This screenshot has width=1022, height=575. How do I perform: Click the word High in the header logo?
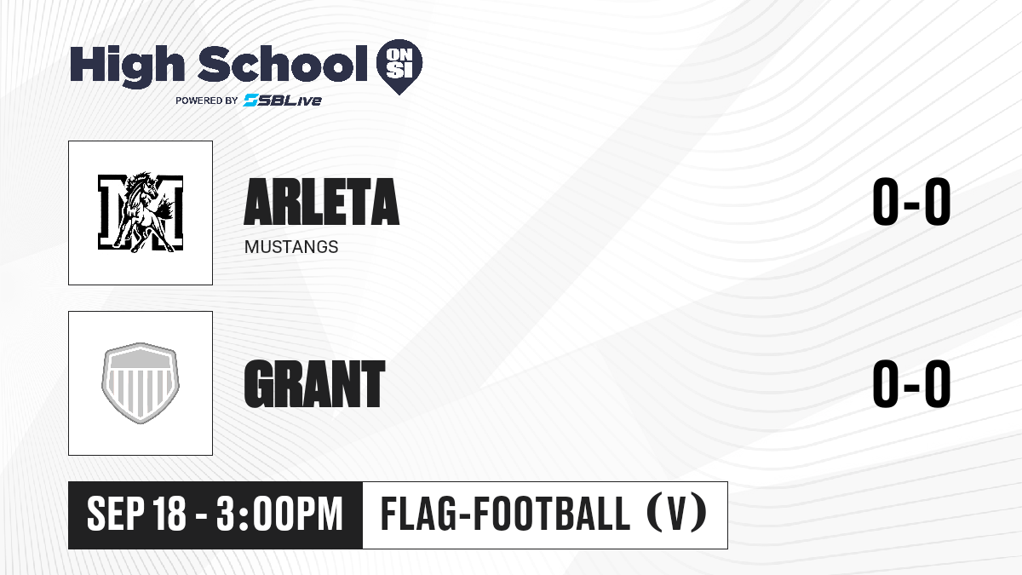click(x=127, y=66)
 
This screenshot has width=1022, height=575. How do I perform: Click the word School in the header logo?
click(x=283, y=64)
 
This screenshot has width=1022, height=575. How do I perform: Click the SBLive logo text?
click(x=283, y=100)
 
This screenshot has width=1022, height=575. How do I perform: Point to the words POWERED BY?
click(x=207, y=101)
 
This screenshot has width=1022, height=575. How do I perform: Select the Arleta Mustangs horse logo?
click(x=141, y=213)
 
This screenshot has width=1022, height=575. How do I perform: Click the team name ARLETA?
click(x=322, y=202)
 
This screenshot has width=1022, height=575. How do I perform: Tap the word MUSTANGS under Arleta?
click(x=291, y=247)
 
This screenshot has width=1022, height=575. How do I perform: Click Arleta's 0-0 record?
click(x=911, y=201)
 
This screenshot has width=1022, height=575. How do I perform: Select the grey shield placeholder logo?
click(x=141, y=383)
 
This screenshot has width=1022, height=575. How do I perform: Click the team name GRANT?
click(x=315, y=383)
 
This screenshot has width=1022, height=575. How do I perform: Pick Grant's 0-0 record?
click(x=911, y=383)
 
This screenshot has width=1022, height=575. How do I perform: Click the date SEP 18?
click(x=136, y=514)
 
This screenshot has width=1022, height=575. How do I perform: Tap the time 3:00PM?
click(x=279, y=514)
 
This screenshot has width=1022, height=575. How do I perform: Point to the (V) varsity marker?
click(x=677, y=513)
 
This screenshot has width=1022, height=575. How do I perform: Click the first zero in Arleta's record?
click(x=886, y=201)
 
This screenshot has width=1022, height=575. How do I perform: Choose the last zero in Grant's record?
click(x=938, y=383)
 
